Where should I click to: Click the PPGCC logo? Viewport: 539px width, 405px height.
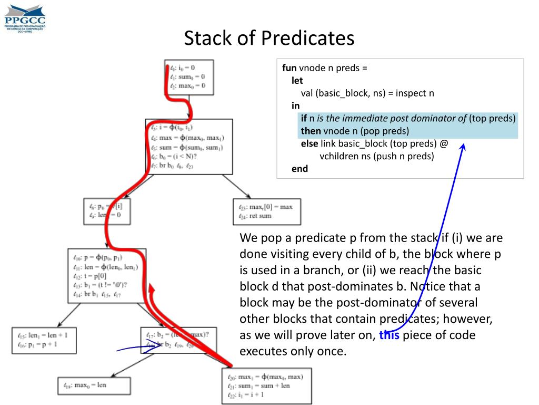(x=25, y=17)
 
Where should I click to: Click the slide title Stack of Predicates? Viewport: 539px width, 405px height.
(x=269, y=38)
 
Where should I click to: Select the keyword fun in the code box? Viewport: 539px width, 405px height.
(x=290, y=68)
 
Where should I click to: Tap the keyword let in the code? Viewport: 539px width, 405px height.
(x=297, y=81)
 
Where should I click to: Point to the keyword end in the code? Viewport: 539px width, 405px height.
(x=300, y=169)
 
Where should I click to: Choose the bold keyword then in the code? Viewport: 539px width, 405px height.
(x=311, y=131)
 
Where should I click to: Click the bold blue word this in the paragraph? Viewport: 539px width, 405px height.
(x=389, y=335)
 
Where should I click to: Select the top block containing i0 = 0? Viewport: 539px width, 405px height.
(x=189, y=77)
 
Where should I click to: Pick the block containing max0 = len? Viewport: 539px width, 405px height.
(x=94, y=385)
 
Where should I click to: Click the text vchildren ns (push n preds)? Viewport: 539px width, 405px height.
(x=376, y=156)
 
